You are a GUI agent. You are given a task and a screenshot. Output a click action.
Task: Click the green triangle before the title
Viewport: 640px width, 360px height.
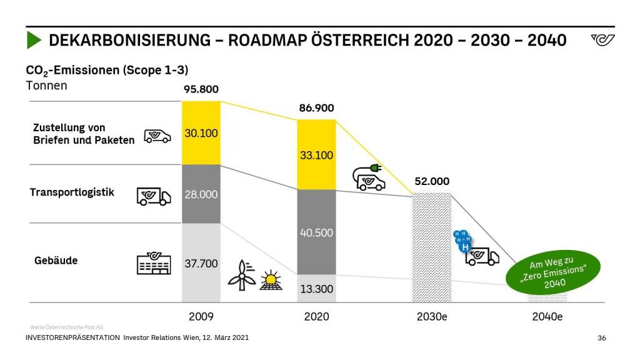click(x=34, y=41)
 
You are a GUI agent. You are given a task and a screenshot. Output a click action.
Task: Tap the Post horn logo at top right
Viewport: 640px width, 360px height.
click(x=602, y=41)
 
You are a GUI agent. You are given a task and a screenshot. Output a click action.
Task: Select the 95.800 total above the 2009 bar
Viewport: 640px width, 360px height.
click(x=201, y=89)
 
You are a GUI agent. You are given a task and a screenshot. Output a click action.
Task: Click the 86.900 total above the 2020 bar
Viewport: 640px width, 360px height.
click(x=316, y=108)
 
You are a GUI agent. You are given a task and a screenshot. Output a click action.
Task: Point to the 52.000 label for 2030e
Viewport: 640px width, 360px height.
click(x=431, y=181)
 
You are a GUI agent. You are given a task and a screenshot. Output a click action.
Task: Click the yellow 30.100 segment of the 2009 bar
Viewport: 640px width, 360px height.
click(x=201, y=132)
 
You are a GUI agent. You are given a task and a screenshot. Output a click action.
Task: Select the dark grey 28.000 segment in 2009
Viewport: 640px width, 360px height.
click(x=201, y=194)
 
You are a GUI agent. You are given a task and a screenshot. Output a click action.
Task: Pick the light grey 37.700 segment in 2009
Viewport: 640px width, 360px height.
click(x=201, y=263)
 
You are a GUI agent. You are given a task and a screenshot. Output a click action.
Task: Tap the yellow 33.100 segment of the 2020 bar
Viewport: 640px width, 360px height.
click(x=316, y=155)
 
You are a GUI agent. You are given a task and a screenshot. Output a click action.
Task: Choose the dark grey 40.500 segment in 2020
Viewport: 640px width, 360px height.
click(x=316, y=232)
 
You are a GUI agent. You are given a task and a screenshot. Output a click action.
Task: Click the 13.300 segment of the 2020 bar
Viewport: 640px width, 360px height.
click(x=316, y=289)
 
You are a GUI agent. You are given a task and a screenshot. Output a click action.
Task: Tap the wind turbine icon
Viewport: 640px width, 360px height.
click(x=241, y=275)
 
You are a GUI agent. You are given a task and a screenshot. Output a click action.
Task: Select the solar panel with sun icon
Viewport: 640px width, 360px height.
click(x=271, y=281)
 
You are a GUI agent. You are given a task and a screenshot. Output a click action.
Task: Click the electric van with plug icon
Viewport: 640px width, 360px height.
click(x=369, y=177)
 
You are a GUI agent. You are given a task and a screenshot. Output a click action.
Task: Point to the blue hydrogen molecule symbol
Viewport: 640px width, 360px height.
click(x=462, y=241)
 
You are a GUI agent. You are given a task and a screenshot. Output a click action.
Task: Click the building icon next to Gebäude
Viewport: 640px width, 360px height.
click(x=154, y=263)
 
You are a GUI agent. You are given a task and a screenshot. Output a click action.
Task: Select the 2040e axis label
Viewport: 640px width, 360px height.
click(x=547, y=316)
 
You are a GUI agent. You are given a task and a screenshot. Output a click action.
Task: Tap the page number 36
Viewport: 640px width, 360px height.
click(x=602, y=338)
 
